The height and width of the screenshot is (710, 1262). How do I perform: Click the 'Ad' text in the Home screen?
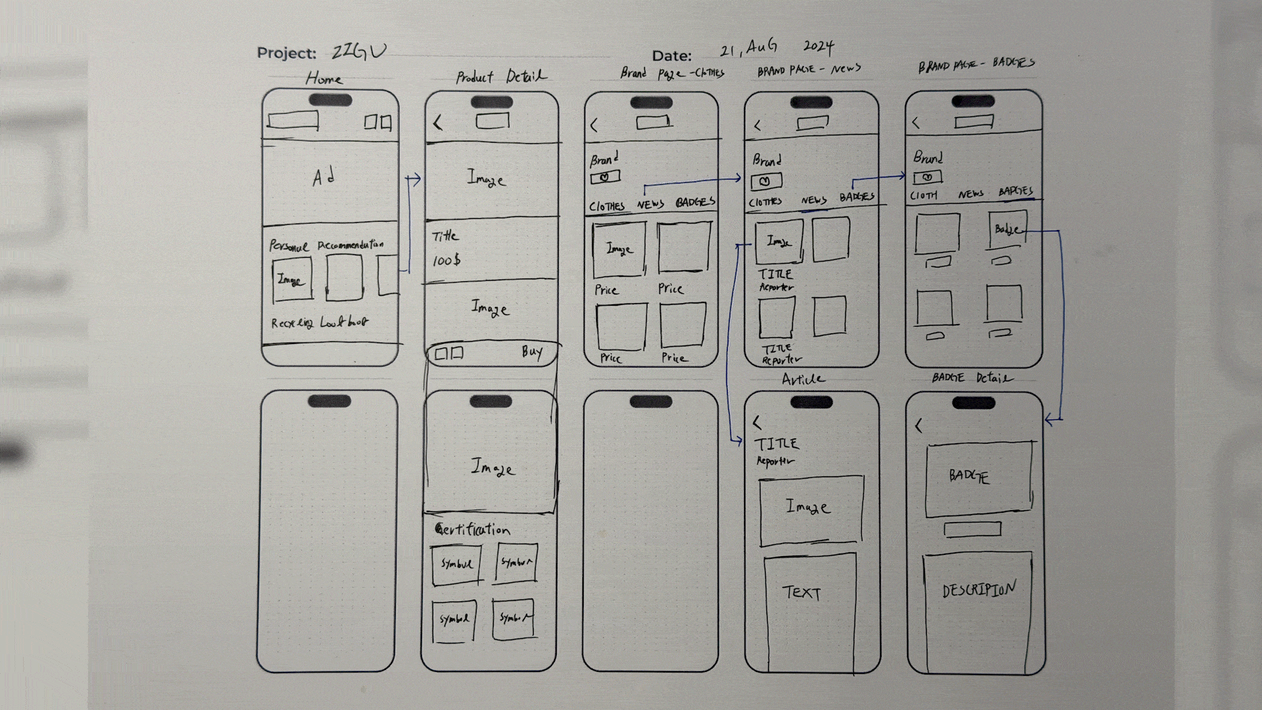[x=324, y=177]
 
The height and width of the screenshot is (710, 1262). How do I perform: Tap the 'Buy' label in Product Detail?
[x=532, y=352]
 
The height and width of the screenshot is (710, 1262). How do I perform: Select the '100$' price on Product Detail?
[x=446, y=261]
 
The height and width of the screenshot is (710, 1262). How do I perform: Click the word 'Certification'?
[x=473, y=529]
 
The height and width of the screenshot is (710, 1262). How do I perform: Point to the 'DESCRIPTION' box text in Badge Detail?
[x=979, y=589]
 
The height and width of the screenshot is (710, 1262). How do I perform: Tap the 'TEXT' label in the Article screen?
[x=801, y=593]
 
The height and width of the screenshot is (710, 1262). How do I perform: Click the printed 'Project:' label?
[x=286, y=53]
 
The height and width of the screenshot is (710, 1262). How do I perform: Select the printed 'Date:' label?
[x=671, y=56]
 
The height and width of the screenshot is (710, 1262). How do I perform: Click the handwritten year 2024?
[x=818, y=47]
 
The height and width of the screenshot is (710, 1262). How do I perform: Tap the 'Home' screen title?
[x=324, y=79]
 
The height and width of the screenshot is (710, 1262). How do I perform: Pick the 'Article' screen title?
[x=803, y=379]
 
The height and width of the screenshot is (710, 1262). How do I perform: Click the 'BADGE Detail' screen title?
[x=972, y=377]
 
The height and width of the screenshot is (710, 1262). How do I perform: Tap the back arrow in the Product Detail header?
[x=438, y=122]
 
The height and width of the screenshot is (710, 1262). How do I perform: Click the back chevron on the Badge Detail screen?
[x=919, y=426]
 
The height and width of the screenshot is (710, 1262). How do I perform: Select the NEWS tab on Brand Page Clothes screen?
[x=650, y=204]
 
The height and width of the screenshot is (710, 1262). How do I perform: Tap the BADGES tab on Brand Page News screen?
[x=856, y=197]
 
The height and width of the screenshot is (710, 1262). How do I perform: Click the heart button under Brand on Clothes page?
[x=605, y=177]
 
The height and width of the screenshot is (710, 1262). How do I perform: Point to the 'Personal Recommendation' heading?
[x=326, y=245]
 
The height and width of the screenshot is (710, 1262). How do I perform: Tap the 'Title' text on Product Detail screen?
[x=445, y=236]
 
